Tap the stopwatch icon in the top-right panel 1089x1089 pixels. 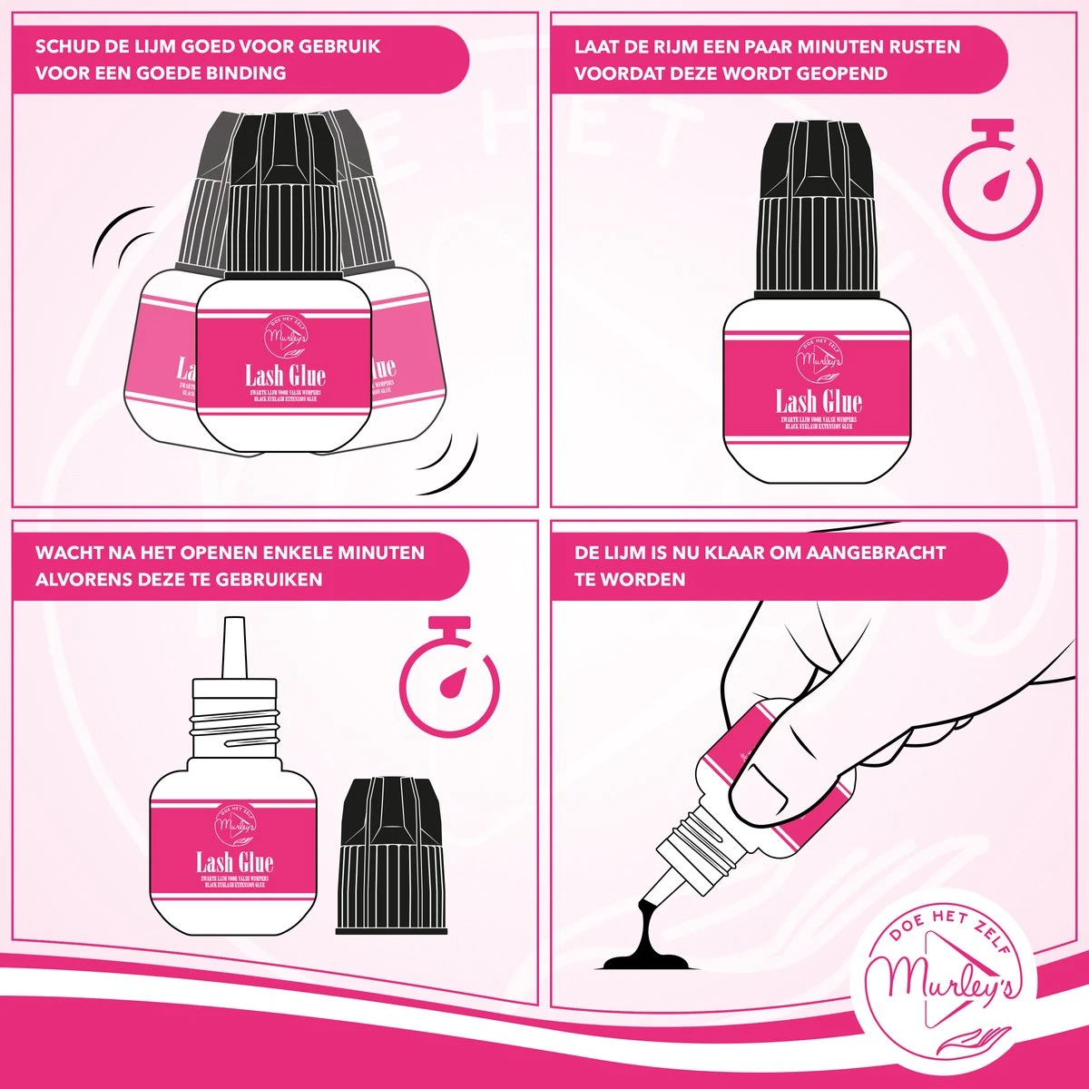click(992, 181)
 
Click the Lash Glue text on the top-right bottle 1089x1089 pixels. click(819, 401)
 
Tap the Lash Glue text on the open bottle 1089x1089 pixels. click(234, 862)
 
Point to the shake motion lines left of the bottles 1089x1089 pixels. click(123, 231)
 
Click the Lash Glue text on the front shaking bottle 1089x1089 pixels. click(285, 375)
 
